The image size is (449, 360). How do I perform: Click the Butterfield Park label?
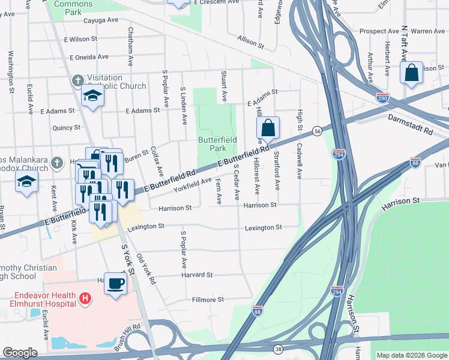pyautogui.click(x=217, y=144)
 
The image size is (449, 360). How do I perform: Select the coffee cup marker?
pyautogui.click(x=115, y=283)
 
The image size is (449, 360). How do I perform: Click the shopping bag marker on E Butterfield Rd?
pyautogui.click(x=268, y=128)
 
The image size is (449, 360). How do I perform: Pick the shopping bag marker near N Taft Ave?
pyautogui.click(x=412, y=73)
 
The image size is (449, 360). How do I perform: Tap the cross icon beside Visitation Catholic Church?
pyautogui.click(x=78, y=80)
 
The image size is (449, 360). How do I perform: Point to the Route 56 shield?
pyautogui.click(x=316, y=130)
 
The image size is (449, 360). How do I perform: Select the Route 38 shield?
pyautogui.click(x=278, y=348)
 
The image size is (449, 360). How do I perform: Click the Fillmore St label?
pyautogui.click(x=207, y=299)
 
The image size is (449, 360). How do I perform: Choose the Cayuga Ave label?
pyautogui.click(x=100, y=20)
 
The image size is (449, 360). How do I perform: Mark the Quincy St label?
pyautogui.click(x=66, y=128)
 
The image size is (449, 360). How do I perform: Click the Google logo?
pyautogui.click(x=20, y=353)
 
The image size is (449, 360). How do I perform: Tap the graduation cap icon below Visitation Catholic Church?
pyautogui.click(x=93, y=96)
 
